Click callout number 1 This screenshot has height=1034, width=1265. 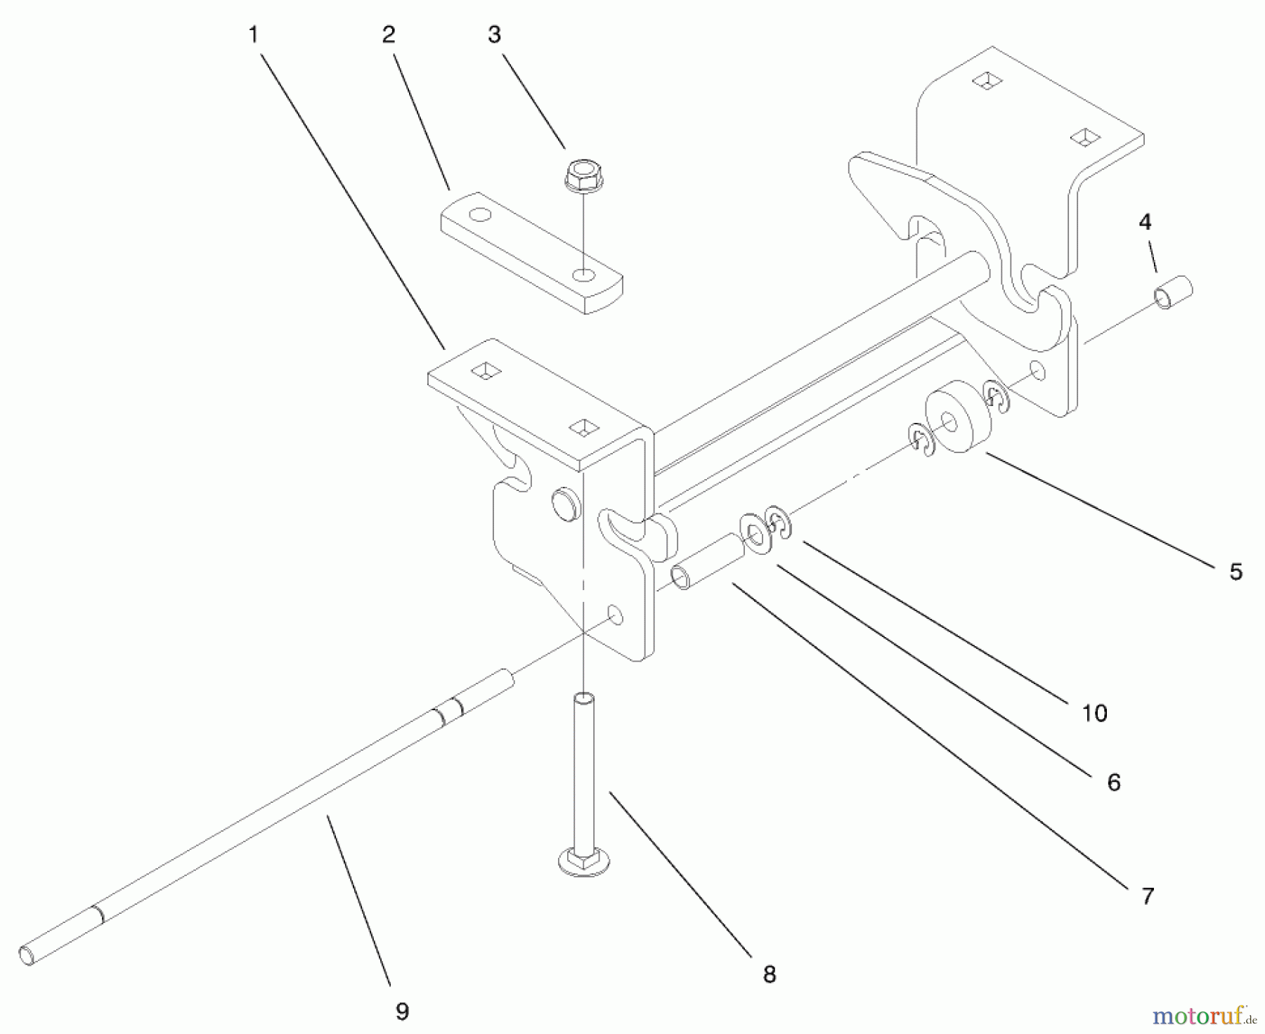click(253, 34)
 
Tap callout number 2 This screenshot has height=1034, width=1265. click(389, 34)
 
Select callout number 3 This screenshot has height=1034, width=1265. click(494, 34)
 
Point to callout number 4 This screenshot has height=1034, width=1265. click(1145, 222)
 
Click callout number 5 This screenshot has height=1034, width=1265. click(1235, 571)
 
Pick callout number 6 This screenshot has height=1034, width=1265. click(1113, 782)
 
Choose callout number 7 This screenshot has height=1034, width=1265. click(1148, 896)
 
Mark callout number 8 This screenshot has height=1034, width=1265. click(769, 974)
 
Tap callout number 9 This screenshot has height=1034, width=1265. click(401, 1012)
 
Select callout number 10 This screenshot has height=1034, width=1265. click(1094, 713)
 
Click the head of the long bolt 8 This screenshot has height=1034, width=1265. click(583, 860)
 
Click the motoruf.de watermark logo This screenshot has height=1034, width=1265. click(1203, 1014)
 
